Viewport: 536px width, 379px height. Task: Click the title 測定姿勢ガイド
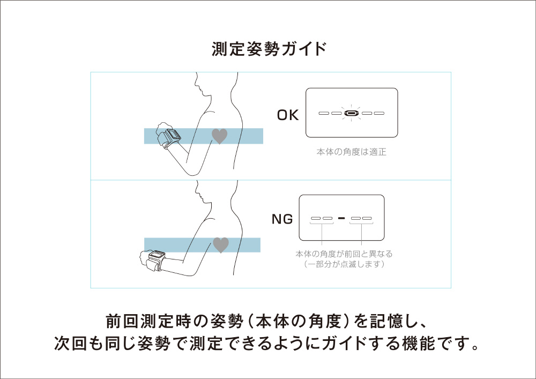(x=269, y=49)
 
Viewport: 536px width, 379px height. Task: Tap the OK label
(x=288, y=115)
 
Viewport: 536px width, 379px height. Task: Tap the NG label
(x=281, y=219)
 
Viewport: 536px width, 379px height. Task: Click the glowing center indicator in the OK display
(x=351, y=114)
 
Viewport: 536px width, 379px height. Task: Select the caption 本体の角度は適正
(x=351, y=152)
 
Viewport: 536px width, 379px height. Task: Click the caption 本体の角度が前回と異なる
(x=344, y=254)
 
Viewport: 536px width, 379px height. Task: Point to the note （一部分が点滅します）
(x=344, y=264)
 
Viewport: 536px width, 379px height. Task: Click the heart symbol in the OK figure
(x=220, y=136)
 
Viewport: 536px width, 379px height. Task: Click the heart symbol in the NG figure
(x=221, y=245)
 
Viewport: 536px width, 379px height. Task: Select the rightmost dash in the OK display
(x=379, y=114)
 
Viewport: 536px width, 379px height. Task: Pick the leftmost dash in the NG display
(x=315, y=219)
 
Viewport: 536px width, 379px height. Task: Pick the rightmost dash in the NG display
(x=367, y=219)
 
